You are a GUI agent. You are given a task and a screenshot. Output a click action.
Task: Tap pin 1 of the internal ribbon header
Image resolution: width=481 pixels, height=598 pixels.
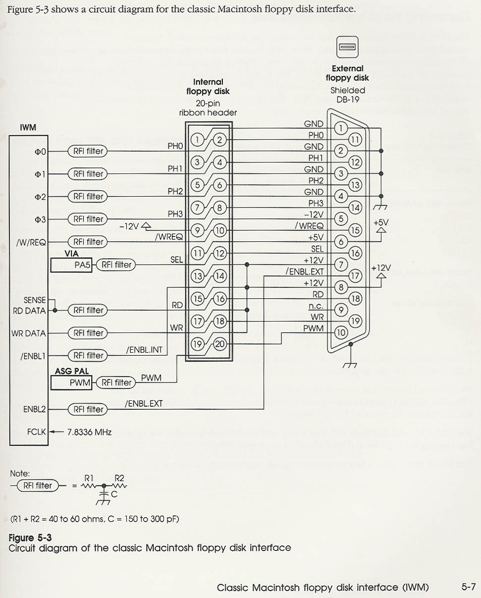click(x=197, y=140)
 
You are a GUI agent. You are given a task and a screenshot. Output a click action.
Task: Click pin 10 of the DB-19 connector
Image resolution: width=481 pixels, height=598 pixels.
click(x=341, y=333)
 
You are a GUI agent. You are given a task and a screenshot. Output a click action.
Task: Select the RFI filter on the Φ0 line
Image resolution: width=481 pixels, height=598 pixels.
click(x=88, y=151)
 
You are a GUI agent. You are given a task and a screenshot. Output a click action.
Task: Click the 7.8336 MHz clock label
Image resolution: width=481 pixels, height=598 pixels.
click(x=89, y=432)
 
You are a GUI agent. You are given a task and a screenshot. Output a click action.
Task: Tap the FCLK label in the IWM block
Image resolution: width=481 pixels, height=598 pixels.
click(x=36, y=432)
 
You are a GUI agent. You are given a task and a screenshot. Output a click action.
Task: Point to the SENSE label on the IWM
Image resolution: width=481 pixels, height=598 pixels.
click(x=35, y=300)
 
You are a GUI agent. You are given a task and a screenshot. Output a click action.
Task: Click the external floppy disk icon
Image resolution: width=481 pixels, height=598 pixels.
click(x=347, y=48)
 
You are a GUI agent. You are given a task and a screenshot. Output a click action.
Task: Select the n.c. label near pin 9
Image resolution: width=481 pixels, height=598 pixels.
click(x=316, y=306)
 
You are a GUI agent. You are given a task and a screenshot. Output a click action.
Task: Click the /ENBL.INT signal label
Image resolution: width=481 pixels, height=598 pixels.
click(x=144, y=350)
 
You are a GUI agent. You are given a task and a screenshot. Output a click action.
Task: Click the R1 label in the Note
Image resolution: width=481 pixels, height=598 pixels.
click(x=89, y=478)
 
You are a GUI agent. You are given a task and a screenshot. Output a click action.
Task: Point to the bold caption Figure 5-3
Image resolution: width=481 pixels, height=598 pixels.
click(x=30, y=538)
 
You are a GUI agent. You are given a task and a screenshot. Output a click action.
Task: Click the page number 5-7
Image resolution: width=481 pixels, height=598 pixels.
click(x=468, y=587)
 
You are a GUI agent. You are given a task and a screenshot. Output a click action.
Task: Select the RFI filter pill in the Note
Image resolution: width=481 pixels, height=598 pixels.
click(x=37, y=486)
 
